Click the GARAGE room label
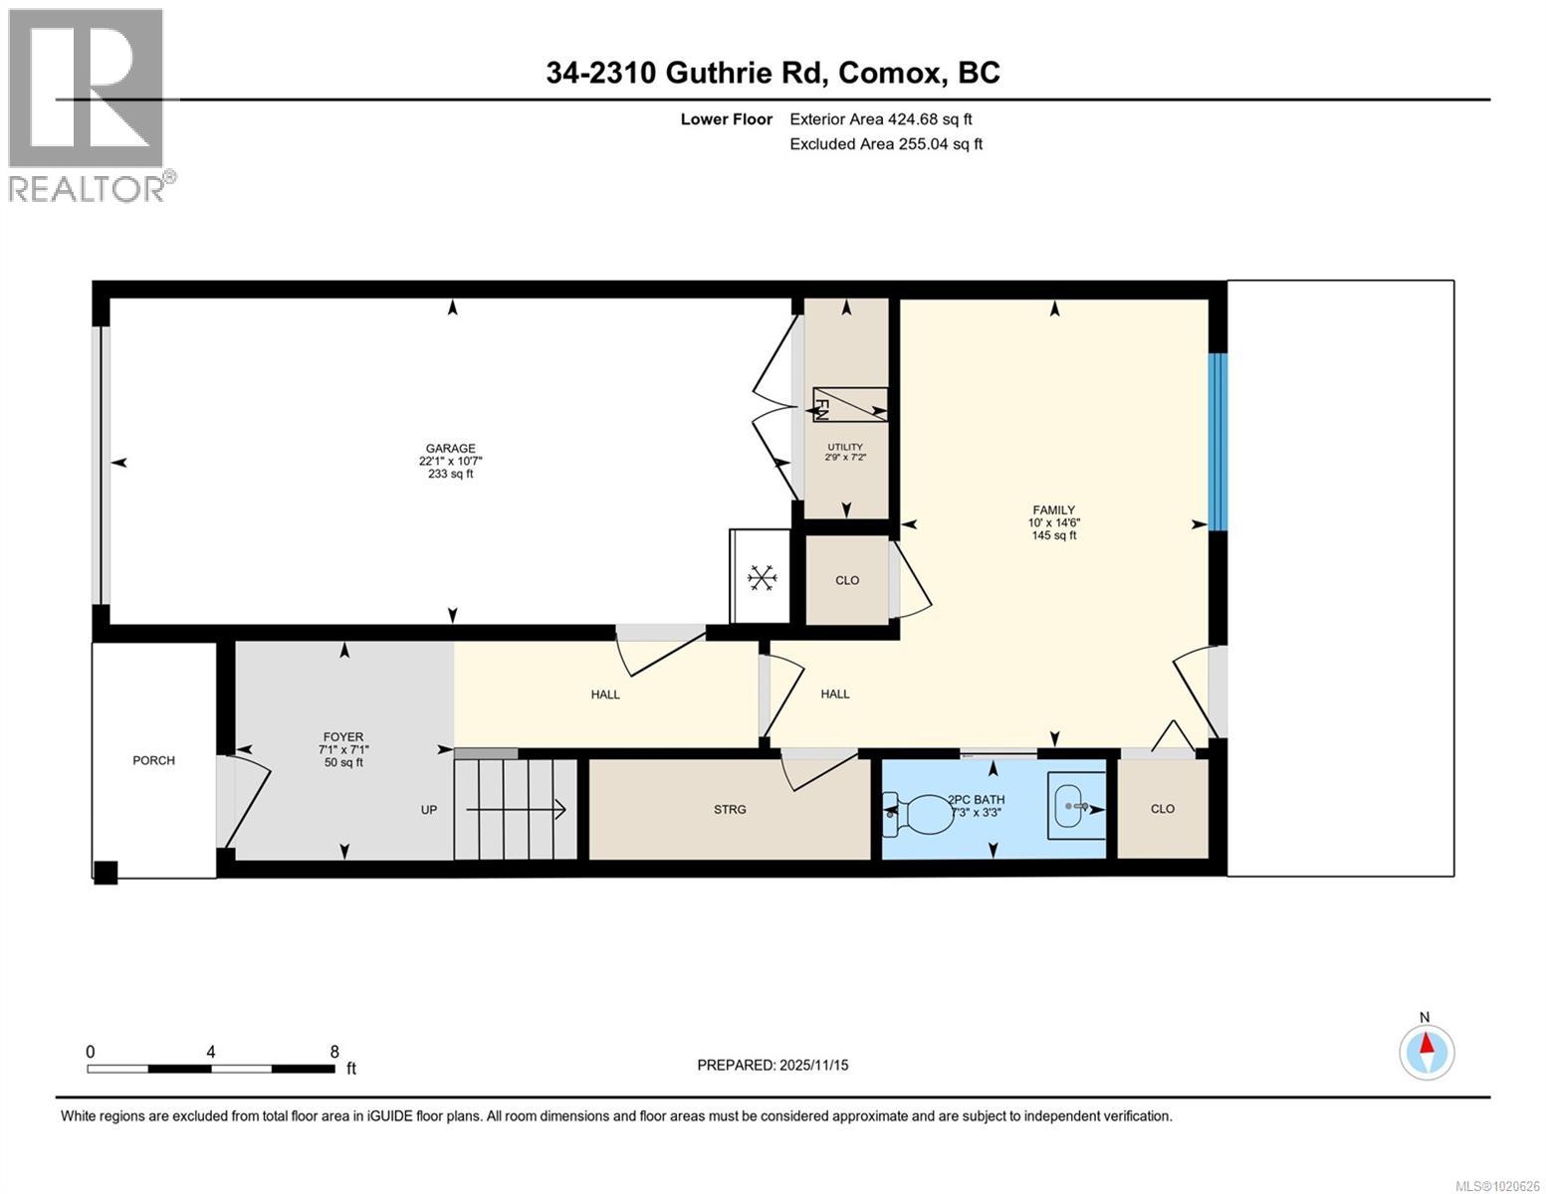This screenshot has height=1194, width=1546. coord(450,449)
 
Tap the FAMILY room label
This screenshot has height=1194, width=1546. coord(1053,510)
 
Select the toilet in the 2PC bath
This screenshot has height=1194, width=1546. coord(920,812)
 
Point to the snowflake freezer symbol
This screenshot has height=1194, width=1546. coord(762,578)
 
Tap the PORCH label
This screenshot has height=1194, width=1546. coord(153,760)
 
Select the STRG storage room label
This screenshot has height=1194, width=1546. coord(730,810)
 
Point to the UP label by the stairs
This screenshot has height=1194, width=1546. coord(429,810)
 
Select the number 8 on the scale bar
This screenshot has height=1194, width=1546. coord(334,1052)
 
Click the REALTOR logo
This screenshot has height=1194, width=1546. coord(88,104)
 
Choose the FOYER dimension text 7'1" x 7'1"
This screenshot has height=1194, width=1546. coord(343,750)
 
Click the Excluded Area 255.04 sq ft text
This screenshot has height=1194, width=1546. coord(885,144)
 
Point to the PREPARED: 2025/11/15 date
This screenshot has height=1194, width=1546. coord(773,1065)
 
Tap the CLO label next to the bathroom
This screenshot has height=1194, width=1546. coord(1162,809)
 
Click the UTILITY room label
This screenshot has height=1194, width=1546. coord(845,447)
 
